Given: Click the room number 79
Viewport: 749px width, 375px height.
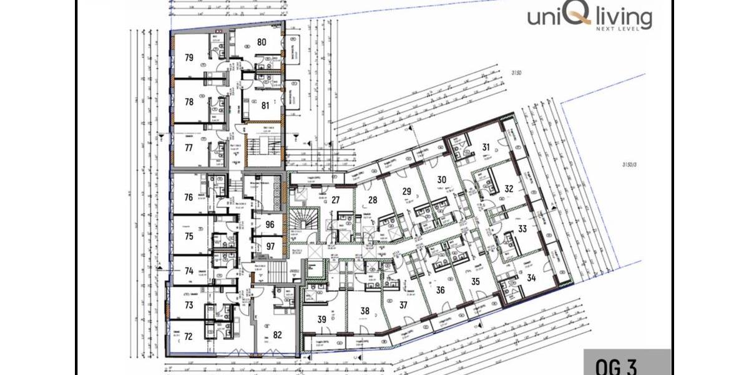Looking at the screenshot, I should point(189,57).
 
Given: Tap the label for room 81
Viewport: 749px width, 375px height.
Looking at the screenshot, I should point(265,105).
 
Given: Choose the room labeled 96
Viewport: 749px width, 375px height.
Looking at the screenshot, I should point(270,225).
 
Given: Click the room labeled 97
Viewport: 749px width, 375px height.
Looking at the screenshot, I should point(270,246).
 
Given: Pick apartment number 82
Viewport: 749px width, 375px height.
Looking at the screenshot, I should point(278,334).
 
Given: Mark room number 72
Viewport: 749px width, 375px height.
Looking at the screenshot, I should point(188,336).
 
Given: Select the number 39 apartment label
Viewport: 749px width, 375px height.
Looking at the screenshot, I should point(322,319).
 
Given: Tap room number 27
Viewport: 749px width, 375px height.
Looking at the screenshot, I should point(335,200).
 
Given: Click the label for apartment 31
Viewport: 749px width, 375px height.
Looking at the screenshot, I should point(486,147).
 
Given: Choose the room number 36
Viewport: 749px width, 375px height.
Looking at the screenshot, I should point(440,289).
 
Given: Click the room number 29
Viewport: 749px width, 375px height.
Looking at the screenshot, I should point(406,191).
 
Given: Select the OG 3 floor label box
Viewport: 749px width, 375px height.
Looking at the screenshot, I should point(627,363).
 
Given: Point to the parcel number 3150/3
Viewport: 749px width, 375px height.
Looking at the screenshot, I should point(632,165).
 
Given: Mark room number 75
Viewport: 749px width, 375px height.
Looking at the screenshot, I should point(188,237).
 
